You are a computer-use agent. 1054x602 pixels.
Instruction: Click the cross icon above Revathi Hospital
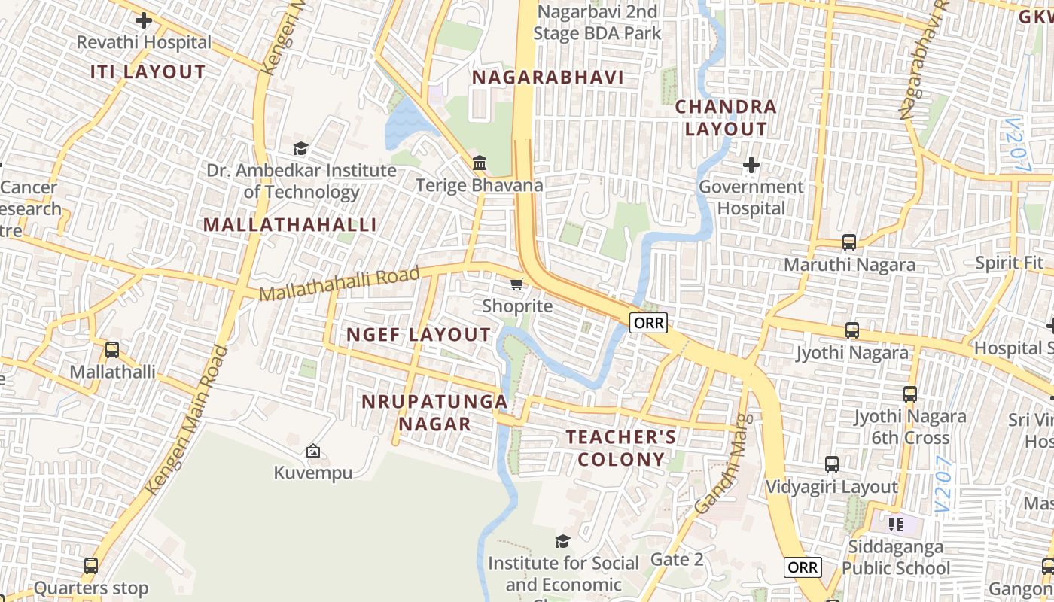(144, 20)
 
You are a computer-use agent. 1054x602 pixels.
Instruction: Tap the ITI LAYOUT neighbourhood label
(148, 72)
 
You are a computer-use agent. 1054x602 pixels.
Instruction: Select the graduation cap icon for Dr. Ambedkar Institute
(301, 148)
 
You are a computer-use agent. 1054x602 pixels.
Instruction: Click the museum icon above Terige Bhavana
(480, 163)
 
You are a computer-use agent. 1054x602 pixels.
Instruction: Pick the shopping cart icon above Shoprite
(517, 284)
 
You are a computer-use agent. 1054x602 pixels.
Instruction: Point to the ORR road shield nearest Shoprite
(648, 323)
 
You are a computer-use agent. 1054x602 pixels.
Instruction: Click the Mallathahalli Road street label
(339, 284)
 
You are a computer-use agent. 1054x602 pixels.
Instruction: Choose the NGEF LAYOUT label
(419, 335)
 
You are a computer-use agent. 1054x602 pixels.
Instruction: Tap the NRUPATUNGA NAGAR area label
(434, 412)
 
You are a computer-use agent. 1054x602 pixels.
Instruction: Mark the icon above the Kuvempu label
(313, 451)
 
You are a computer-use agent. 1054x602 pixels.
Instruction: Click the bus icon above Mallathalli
(112, 350)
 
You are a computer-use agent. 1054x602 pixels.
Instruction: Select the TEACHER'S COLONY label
(621, 448)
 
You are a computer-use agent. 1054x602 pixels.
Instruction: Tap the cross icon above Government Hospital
(751, 164)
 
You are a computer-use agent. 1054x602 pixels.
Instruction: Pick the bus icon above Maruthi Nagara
(849, 242)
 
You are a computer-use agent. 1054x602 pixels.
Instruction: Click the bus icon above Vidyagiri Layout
(831, 464)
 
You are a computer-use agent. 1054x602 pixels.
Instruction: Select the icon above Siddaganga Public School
(895, 524)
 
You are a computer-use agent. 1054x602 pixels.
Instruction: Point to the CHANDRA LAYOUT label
(726, 117)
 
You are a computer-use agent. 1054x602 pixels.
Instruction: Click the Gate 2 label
(677, 559)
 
